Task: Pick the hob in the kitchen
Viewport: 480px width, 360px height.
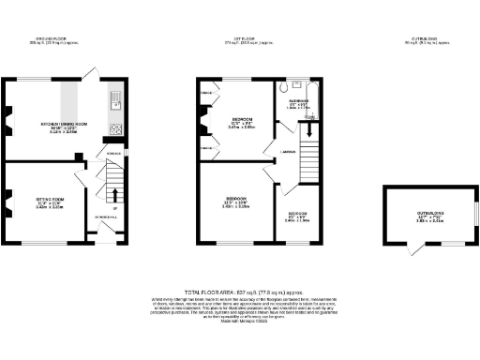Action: tap(115, 129)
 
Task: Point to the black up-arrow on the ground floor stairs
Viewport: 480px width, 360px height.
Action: tap(114, 196)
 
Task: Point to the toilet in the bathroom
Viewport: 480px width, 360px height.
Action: tap(283, 90)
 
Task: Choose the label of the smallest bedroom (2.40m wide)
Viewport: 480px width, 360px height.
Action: tap(297, 216)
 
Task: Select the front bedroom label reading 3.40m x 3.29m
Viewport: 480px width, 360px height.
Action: tap(234, 202)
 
